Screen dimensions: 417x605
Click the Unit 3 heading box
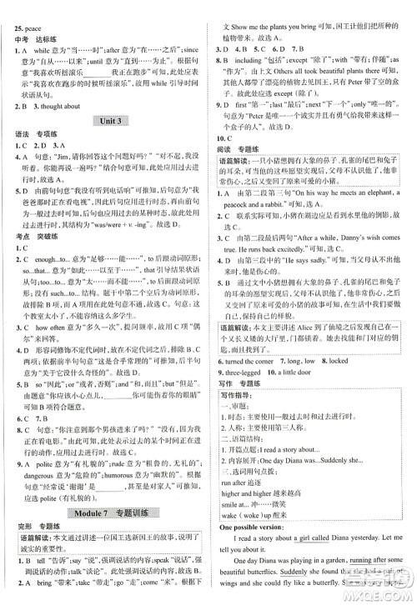(105, 122)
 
